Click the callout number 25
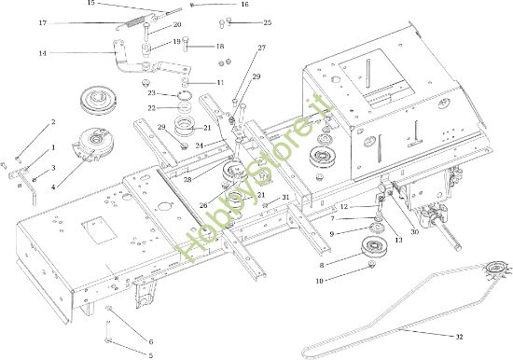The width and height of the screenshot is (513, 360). [x=242, y=22]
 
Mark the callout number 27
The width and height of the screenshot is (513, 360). [x=261, y=48]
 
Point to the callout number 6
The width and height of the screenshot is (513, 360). [x=151, y=341]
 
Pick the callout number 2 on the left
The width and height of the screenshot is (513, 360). [x=53, y=122]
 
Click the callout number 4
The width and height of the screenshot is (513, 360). [x=53, y=187]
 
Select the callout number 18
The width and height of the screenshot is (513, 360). [x=220, y=46]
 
